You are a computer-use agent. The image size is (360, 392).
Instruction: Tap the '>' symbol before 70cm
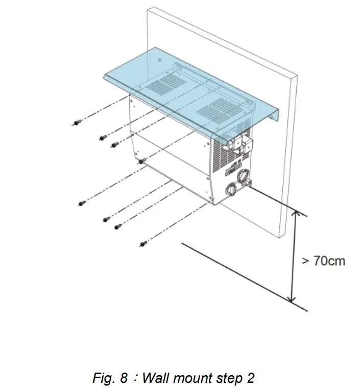click(x=305, y=261)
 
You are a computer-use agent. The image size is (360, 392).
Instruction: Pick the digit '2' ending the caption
click(x=250, y=378)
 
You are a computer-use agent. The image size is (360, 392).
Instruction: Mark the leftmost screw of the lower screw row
click(x=82, y=203)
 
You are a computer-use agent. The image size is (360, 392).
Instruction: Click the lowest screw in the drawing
click(x=143, y=244)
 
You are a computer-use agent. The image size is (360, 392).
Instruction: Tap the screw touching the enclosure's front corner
click(x=141, y=161)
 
